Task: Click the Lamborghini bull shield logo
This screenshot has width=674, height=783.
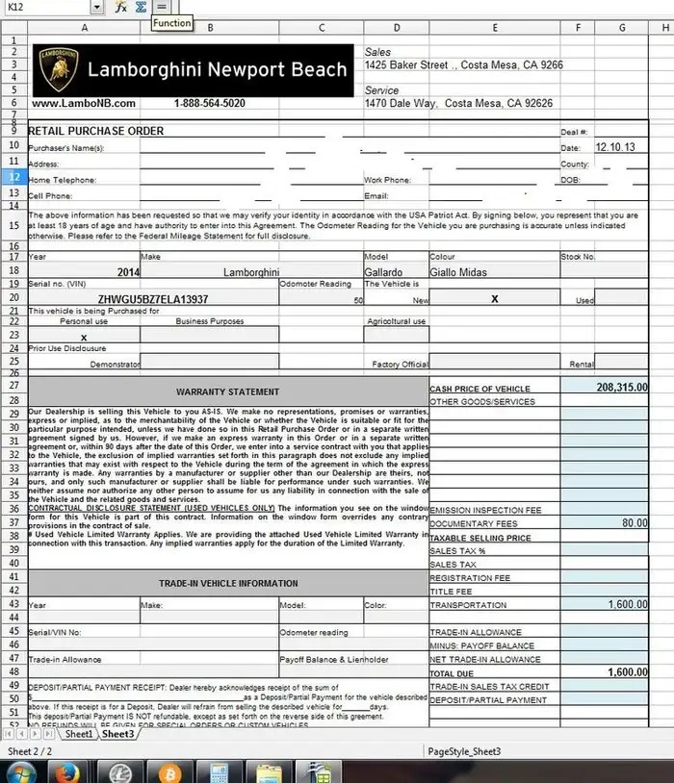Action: pyautogui.click(x=56, y=69)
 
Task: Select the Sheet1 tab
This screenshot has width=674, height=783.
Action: pyautogui.click(x=79, y=734)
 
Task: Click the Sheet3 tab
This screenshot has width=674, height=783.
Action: pyautogui.click(x=117, y=734)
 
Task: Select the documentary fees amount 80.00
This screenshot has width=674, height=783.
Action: pyautogui.click(x=634, y=523)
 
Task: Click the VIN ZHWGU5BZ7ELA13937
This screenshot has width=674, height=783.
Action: pyautogui.click(x=153, y=299)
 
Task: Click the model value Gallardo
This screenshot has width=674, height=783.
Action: pyautogui.click(x=383, y=272)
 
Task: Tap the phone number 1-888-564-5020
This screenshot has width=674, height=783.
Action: pyautogui.click(x=209, y=103)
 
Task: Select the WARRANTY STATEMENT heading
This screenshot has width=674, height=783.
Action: pyautogui.click(x=228, y=391)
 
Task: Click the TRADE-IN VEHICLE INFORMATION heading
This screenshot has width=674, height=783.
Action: pyautogui.click(x=228, y=583)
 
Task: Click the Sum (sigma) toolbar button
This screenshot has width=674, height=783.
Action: pyautogui.click(x=141, y=7)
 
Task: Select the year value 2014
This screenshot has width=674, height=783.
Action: pyautogui.click(x=128, y=272)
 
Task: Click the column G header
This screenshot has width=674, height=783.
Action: pyautogui.click(x=623, y=28)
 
